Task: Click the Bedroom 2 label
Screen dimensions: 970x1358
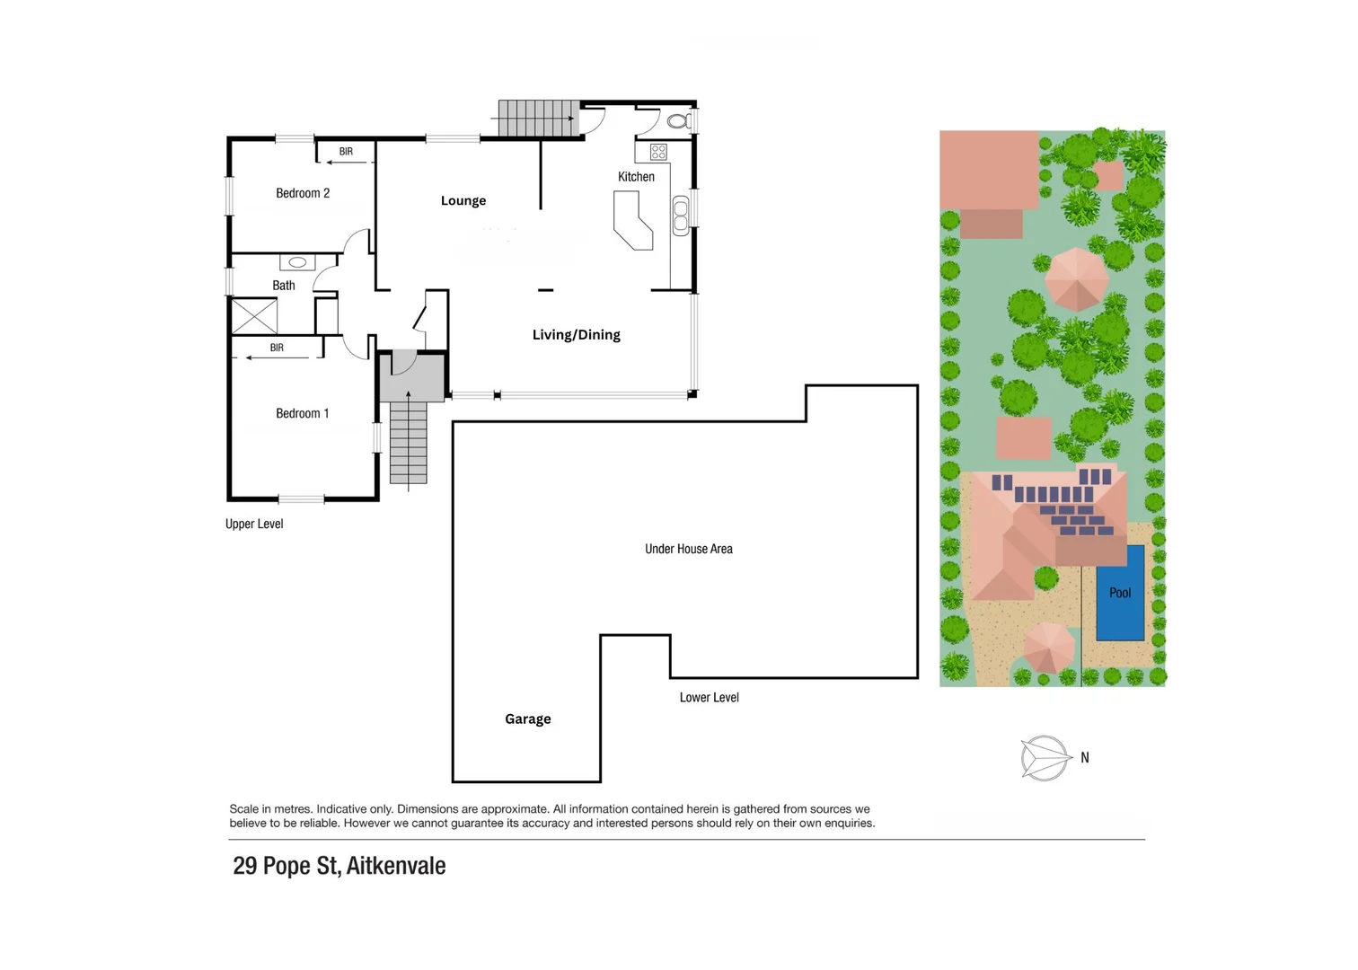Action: click(x=303, y=193)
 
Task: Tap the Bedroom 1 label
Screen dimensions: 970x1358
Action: click(x=302, y=413)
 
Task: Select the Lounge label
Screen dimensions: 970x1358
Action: click(x=463, y=200)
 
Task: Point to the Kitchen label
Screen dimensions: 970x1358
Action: click(x=636, y=177)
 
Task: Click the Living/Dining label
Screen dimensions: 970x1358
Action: click(x=576, y=334)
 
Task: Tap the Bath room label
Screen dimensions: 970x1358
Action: click(x=284, y=286)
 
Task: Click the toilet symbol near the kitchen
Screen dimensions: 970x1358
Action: click(x=678, y=120)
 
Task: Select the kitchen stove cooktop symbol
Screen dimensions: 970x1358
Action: click(x=658, y=152)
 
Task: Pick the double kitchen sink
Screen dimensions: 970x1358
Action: click(x=680, y=216)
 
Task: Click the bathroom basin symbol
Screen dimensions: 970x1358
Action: click(x=297, y=262)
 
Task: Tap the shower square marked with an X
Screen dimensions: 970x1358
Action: click(x=254, y=316)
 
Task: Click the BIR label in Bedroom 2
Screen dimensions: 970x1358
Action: click(x=346, y=152)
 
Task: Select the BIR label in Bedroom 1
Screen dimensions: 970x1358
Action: click(x=277, y=348)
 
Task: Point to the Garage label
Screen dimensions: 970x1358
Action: click(x=527, y=719)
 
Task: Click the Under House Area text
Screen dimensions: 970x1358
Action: click(x=688, y=549)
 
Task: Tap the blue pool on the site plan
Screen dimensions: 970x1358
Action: click(x=1120, y=593)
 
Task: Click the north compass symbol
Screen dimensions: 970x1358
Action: click(x=1045, y=758)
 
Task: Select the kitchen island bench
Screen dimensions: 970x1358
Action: click(x=632, y=223)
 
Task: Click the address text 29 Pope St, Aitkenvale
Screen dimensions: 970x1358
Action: click(x=339, y=866)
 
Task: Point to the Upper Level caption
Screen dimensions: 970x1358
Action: click(x=254, y=524)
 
